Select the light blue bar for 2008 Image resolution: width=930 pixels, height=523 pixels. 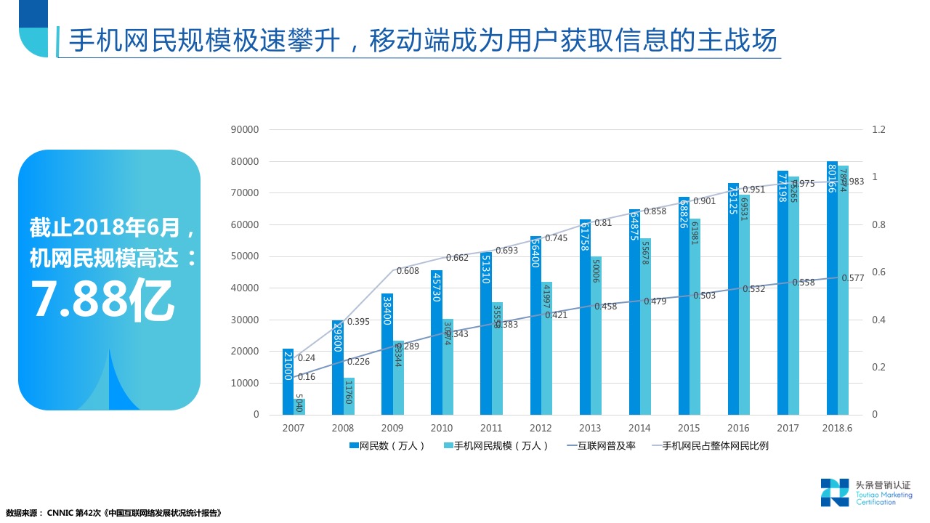[349, 396]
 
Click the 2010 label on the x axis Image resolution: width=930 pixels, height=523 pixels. [442, 429]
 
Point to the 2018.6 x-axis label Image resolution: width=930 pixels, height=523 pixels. [837, 429]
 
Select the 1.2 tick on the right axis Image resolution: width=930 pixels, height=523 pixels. [879, 130]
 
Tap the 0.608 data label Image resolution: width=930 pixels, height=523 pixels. [408, 271]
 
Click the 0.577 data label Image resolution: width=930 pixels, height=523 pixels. [852, 278]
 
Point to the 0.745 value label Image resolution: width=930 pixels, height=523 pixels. [556, 238]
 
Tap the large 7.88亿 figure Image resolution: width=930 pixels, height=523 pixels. [102, 299]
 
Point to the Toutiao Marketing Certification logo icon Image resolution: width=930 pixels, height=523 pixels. [835, 492]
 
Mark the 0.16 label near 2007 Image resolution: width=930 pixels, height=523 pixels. [306, 377]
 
